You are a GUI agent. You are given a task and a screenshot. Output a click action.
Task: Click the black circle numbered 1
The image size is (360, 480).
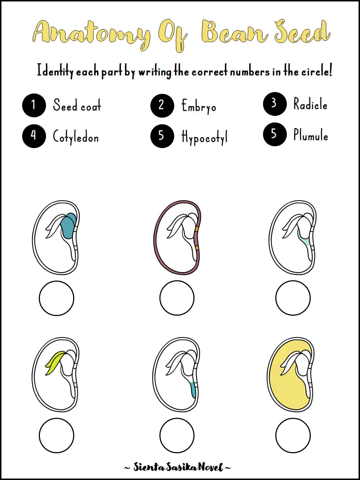[x=34, y=105]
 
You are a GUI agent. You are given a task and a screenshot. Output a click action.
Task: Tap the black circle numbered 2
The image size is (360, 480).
[x=162, y=105]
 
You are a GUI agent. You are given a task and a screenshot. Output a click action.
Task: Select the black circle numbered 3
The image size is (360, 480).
[x=275, y=104]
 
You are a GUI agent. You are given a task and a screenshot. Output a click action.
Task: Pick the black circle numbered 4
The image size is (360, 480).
[x=34, y=136]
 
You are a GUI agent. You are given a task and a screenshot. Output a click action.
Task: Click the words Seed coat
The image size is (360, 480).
[x=77, y=105]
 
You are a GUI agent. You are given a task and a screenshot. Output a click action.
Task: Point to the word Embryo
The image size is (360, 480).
[x=199, y=106]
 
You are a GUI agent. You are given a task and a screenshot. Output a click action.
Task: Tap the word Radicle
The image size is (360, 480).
[x=310, y=104]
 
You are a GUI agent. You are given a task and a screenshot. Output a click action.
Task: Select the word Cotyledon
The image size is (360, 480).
[x=76, y=137]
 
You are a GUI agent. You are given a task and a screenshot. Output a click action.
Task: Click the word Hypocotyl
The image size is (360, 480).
[x=205, y=137]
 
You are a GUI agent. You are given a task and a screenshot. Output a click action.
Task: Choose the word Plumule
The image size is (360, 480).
[x=311, y=135]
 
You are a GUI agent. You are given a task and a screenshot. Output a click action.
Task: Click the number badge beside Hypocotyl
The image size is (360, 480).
[x=162, y=136]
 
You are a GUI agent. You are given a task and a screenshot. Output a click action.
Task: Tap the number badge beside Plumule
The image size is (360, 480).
[x=275, y=134]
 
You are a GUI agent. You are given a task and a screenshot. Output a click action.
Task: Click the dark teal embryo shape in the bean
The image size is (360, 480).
[x=68, y=226]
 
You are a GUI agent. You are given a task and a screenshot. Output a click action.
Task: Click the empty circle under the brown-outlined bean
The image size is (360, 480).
[x=177, y=298]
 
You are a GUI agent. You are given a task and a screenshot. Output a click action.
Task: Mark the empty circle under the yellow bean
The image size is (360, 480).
[x=293, y=435]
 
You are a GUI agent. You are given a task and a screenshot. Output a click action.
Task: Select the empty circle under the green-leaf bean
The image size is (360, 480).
[x=56, y=435]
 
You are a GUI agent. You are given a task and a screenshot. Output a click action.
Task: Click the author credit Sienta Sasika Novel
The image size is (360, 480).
[x=177, y=467]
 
